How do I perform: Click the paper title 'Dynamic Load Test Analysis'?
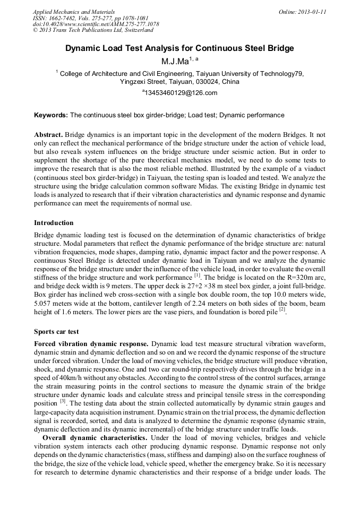[x=179, y=48]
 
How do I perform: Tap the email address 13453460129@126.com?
[x=181, y=93]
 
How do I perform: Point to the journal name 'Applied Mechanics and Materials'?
[x=73, y=11]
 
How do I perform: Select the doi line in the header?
[x=96, y=24]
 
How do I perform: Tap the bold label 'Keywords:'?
[x=51, y=115]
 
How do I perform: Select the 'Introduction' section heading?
[x=54, y=222]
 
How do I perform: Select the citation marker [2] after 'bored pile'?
[x=282, y=309]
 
